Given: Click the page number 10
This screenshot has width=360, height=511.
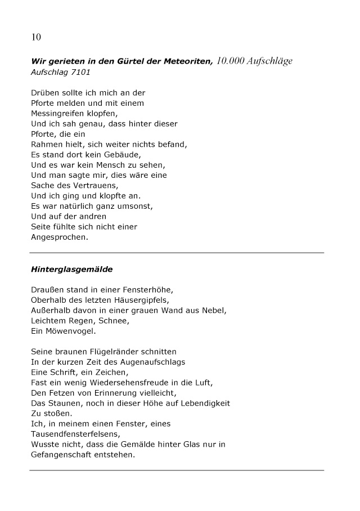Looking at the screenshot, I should (x=36, y=38).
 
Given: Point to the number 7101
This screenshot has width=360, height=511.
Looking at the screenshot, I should (x=80, y=73).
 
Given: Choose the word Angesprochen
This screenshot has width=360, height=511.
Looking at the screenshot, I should (x=60, y=237).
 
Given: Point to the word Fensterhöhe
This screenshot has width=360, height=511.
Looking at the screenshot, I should (x=148, y=290).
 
